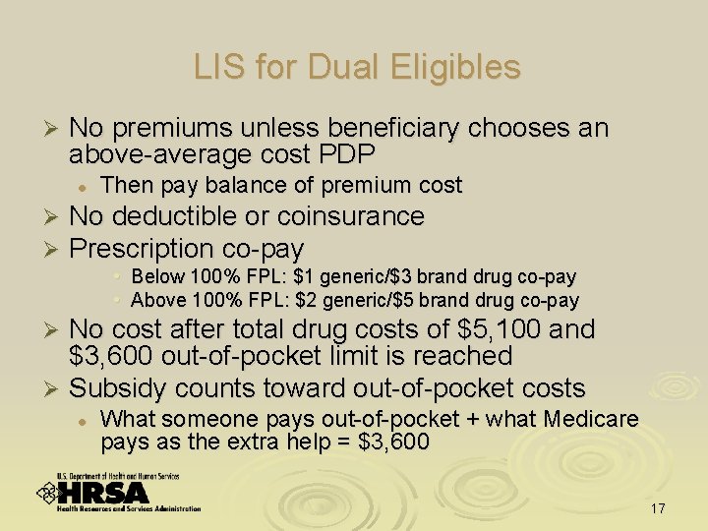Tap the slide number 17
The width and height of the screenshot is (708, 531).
(658, 509)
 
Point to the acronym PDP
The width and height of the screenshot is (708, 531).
(355, 154)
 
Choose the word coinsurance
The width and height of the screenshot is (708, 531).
(351, 216)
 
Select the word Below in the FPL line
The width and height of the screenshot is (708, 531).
(153, 277)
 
